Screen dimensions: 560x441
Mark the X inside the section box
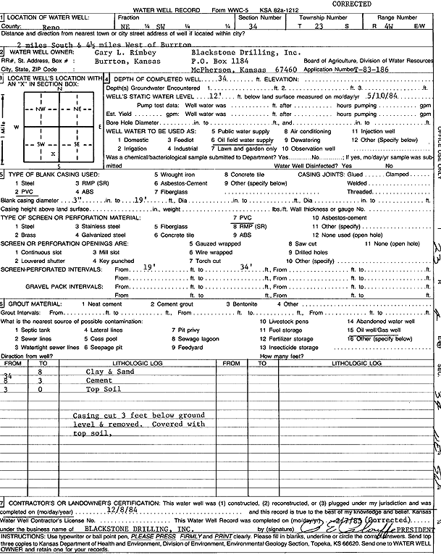(51, 154)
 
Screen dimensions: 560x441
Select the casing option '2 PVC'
(18, 191)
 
